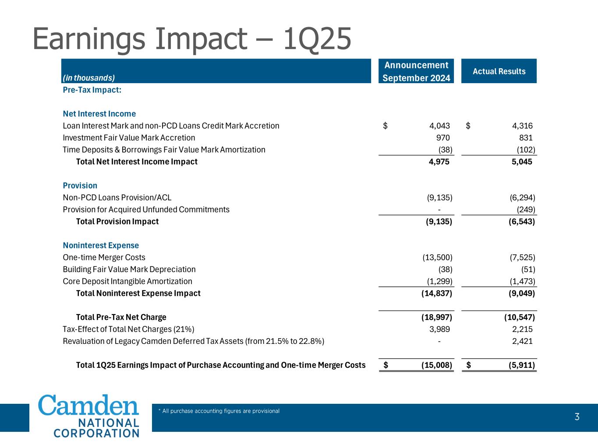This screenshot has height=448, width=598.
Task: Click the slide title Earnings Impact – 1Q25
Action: point(192,38)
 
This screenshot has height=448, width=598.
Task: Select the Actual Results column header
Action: point(499,71)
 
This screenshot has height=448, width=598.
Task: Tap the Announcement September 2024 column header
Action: point(416,71)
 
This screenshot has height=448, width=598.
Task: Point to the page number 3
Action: point(577,417)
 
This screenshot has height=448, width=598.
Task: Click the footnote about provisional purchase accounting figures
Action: point(219,411)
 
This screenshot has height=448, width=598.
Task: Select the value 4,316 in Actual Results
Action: point(522,126)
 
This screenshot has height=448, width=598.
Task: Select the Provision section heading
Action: point(80,185)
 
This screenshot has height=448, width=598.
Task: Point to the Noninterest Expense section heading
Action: point(101,245)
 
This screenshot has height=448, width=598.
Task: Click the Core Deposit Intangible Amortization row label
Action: point(127,281)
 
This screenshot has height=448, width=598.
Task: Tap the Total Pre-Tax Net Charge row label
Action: point(121,317)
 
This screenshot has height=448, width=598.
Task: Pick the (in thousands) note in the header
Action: point(88,78)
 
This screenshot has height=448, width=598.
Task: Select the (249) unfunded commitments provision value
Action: point(526,210)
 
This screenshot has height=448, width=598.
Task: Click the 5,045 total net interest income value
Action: point(522,162)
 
